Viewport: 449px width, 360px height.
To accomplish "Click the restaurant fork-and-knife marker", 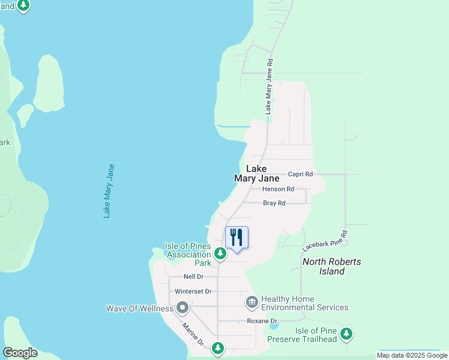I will [x=237, y=238].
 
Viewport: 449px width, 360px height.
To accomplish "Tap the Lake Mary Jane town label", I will [x=256, y=174].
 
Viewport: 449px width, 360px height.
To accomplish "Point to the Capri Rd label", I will [x=300, y=174].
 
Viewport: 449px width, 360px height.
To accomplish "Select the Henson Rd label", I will [x=279, y=189].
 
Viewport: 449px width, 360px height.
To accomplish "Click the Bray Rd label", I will [x=274, y=203].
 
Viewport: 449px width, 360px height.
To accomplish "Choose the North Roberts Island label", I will [x=332, y=266].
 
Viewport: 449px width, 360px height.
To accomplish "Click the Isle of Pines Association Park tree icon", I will [x=220, y=254].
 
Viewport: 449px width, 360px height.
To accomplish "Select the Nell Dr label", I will [x=193, y=277].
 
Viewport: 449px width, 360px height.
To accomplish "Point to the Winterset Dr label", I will [x=193, y=292].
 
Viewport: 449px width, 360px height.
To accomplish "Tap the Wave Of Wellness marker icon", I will [x=182, y=308].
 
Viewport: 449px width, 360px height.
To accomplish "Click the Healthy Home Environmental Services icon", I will [x=252, y=302].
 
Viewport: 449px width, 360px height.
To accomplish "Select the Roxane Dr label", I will [x=262, y=322].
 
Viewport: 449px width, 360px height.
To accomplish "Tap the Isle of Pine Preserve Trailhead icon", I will [x=346, y=334].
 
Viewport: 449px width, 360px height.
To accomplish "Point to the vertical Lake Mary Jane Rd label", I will [x=270, y=86].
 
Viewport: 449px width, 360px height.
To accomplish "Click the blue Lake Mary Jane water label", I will [x=109, y=191].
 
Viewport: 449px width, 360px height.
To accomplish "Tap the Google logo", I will [x=20, y=353].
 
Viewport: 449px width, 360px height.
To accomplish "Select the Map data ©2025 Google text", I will [x=412, y=355].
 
